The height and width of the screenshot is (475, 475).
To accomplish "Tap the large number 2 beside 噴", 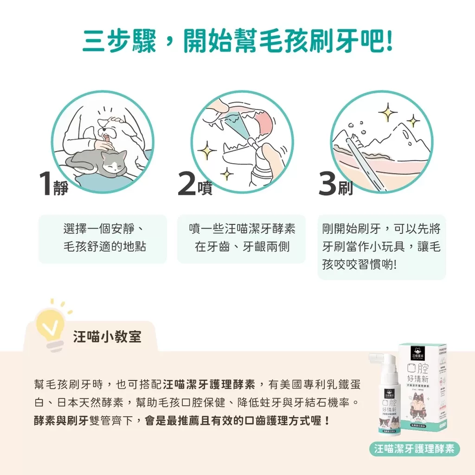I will point(187,184).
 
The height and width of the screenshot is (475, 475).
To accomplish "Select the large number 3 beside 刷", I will point(328,184).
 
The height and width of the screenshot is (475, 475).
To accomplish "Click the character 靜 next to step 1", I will point(61,188).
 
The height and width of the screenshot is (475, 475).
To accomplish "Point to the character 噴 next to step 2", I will point(205,188).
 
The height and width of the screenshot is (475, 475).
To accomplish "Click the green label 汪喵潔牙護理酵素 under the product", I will point(414,449).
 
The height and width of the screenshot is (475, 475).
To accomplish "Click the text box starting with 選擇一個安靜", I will point(103,238).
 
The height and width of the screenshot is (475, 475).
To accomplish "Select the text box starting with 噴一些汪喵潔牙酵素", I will point(242,238).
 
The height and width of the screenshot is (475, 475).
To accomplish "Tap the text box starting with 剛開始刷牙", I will point(381,247).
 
